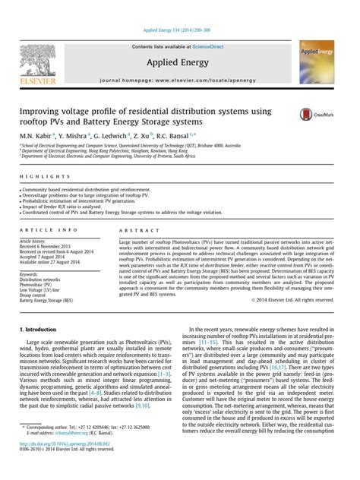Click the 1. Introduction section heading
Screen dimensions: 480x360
tap(36, 330)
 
